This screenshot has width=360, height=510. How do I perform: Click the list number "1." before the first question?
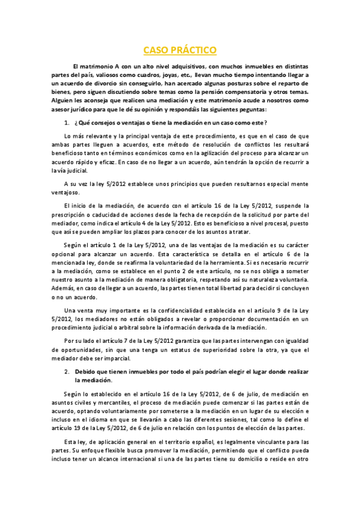pos(67,123)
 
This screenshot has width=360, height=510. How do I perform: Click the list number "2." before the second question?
pos(68,372)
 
